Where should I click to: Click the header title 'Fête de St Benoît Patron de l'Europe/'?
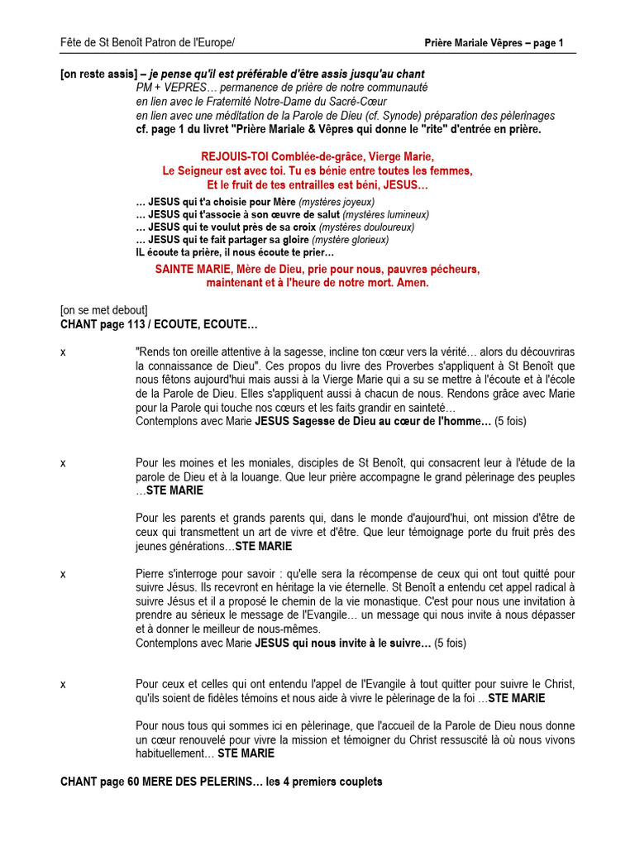coord(147,43)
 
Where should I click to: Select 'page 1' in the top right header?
coord(545,43)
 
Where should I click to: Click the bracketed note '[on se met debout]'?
coord(104,310)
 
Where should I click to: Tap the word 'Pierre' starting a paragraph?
coord(150,573)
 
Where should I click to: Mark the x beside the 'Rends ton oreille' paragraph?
coord(64,352)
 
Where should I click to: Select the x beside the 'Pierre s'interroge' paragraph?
coord(64,573)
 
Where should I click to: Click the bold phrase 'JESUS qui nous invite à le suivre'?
coord(342,643)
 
